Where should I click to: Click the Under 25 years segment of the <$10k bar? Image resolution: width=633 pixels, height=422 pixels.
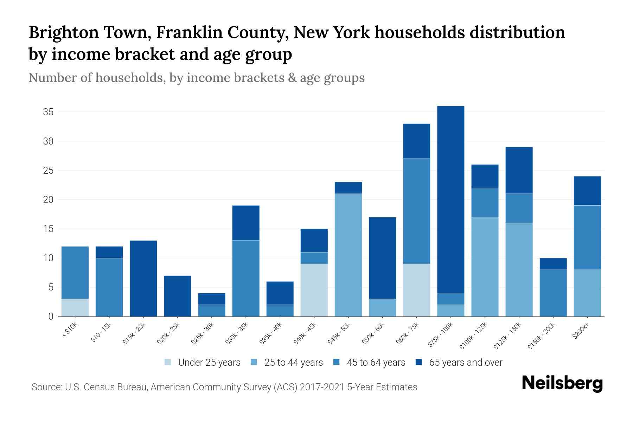coord(75,308)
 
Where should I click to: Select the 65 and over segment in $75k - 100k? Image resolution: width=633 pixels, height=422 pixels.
coord(450,199)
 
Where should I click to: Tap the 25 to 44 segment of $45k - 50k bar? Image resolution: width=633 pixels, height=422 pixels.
coord(348,255)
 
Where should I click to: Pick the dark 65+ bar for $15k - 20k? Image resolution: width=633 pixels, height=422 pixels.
coord(143,279)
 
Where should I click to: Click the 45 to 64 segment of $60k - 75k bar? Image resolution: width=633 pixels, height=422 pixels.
coord(416,211)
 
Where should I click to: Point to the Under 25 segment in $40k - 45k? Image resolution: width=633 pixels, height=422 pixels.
coord(314,290)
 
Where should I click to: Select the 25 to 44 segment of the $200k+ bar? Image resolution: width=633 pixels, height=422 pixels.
coord(587,293)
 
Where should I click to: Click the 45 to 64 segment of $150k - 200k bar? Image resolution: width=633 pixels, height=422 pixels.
coord(553,293)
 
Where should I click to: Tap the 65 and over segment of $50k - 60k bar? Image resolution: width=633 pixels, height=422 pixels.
coord(382,258)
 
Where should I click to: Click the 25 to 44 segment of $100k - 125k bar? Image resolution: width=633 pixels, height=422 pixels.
coord(485,267)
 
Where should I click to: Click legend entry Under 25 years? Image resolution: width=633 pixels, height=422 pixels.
coord(209,363)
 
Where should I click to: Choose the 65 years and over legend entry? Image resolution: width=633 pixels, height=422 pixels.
coord(465,363)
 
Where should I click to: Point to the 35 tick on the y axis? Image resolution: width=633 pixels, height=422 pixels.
coord(48,112)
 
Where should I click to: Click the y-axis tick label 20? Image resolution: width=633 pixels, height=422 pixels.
coord(48,200)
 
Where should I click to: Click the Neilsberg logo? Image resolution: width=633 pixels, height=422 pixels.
coord(562,383)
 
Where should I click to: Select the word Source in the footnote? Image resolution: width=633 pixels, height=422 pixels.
coord(46,387)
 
